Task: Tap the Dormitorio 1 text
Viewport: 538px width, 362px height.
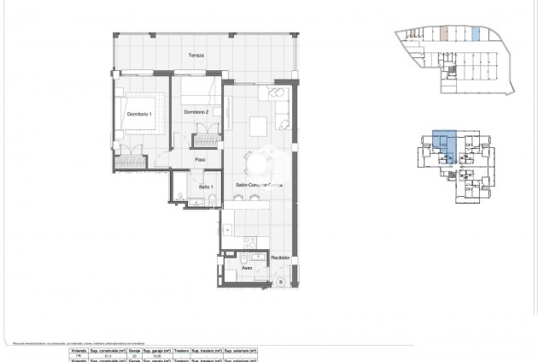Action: (x=138, y=115)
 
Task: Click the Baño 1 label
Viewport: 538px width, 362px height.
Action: (x=206, y=187)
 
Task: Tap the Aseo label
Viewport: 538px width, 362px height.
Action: (x=246, y=268)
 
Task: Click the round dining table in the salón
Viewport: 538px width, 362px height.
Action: (x=255, y=160)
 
